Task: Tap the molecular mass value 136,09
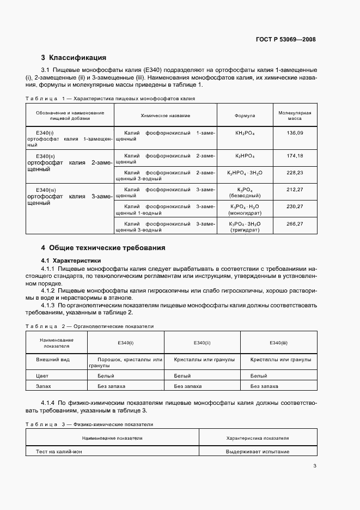(x=295, y=133)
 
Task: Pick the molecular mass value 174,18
(x=295, y=156)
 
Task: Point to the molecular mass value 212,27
(x=295, y=189)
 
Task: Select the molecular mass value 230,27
(x=295, y=207)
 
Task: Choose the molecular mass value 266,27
(x=295, y=223)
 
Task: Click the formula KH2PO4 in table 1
(x=245, y=133)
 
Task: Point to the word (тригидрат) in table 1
(x=245, y=230)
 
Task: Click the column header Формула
(x=245, y=116)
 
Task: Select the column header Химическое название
(x=166, y=116)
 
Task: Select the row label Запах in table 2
(x=44, y=386)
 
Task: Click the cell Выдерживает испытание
(x=258, y=451)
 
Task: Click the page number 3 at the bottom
(x=315, y=466)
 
